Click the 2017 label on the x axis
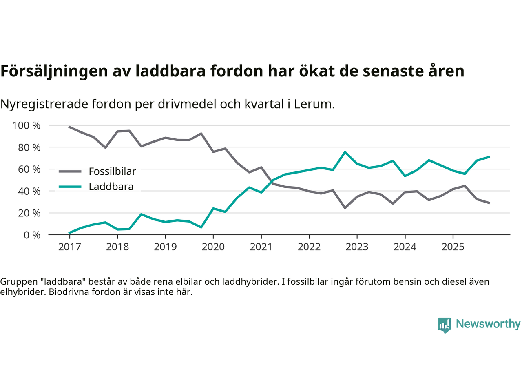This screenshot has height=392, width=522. point(69,247)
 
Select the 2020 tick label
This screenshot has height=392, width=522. point(213,247)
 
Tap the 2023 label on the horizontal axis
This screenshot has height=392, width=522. point(357,247)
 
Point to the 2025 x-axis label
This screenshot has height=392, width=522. point(453,247)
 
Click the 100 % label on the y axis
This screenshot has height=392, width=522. point(27,125)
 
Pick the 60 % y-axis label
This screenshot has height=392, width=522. point(29,169)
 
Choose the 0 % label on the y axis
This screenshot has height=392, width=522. point(31,235)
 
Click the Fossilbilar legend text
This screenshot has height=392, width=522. point(112,171)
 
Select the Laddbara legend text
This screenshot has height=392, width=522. point(111,187)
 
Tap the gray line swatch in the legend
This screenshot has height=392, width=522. point(70,171)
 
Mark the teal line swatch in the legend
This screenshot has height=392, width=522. point(70,187)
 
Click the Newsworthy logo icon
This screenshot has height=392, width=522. point(444,325)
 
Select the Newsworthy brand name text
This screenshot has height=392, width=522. point(488,324)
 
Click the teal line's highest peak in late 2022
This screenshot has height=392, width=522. point(345,152)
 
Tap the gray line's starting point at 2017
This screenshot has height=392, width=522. point(69,127)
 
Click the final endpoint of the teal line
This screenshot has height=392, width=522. point(489,156)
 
